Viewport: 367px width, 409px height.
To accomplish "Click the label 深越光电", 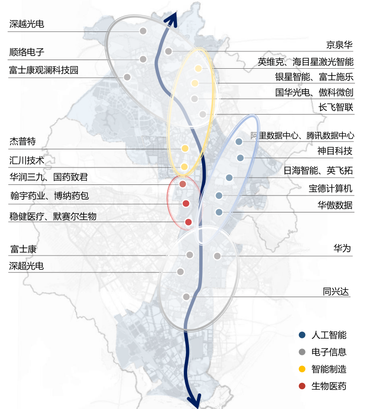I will pyautogui.click(x=27, y=23).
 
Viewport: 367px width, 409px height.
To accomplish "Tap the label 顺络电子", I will pyautogui.click(x=27, y=52).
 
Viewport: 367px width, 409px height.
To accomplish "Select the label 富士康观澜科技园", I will pyautogui.click(x=44, y=70).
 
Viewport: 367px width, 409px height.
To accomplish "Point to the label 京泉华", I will pyautogui.click(x=339, y=45).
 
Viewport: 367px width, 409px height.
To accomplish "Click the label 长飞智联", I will pyautogui.click(x=336, y=107).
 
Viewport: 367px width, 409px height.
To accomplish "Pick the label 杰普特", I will pyautogui.click(x=23, y=142).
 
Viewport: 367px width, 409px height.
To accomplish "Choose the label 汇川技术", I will pyautogui.click(x=27, y=161).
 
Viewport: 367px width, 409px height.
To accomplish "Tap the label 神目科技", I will pyautogui.click(x=335, y=151).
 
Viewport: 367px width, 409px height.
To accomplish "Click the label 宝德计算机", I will pyautogui.click(x=331, y=188).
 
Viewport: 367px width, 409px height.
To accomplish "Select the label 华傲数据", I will pyautogui.click(x=335, y=205).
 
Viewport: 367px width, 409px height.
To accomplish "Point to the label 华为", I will pyautogui.click(x=342, y=249).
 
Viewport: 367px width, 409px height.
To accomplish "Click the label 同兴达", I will pyautogui.click(x=336, y=291).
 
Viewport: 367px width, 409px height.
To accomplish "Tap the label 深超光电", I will pyautogui.click(x=27, y=266).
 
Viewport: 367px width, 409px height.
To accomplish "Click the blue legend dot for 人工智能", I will pyautogui.click(x=302, y=335).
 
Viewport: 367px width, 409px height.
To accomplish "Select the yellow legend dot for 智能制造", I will pyautogui.click(x=302, y=369).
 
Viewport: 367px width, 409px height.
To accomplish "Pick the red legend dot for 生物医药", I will pyautogui.click(x=302, y=386).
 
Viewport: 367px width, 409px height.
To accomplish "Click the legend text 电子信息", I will pyautogui.click(x=329, y=352).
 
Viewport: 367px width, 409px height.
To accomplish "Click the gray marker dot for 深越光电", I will pyautogui.click(x=143, y=31).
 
